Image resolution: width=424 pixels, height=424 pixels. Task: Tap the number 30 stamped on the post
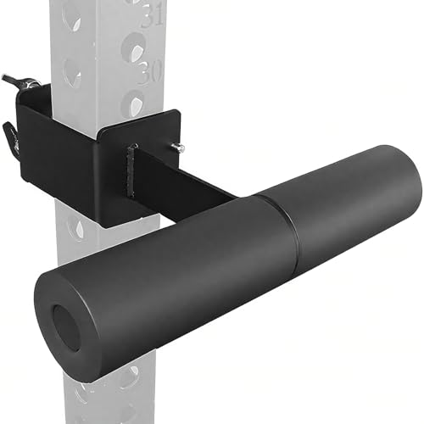[x=150, y=72]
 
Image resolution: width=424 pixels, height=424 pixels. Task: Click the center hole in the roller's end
[x=65, y=326]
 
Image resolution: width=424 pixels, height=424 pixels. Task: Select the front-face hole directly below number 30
[x=132, y=103]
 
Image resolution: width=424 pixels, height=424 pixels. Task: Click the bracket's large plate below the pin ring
[x=55, y=144]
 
